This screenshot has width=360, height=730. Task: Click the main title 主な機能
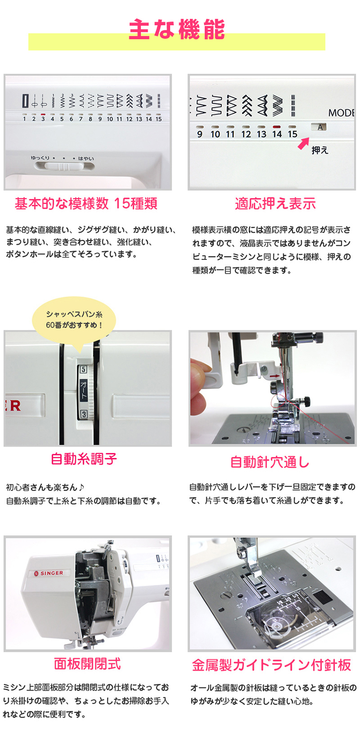point(177,29)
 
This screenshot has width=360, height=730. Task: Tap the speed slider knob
point(64,167)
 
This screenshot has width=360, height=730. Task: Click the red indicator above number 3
point(43,115)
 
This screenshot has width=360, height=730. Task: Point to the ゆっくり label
point(40,158)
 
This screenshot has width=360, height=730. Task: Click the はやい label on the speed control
point(86,158)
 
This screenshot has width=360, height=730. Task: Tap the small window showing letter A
point(319,127)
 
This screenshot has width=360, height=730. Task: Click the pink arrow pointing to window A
point(303,143)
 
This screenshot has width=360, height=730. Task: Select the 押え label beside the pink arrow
point(320,150)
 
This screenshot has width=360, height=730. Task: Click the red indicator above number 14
point(277,126)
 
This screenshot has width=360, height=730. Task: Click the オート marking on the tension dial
point(84,390)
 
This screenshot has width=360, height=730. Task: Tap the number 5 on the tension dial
point(84,369)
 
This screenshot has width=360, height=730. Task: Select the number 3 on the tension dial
point(84,414)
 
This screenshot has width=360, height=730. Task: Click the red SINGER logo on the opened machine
point(49,573)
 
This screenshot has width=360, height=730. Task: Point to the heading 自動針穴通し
point(270,462)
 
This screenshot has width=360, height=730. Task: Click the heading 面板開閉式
point(87,664)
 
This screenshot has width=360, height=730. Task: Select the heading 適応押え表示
point(276,203)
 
